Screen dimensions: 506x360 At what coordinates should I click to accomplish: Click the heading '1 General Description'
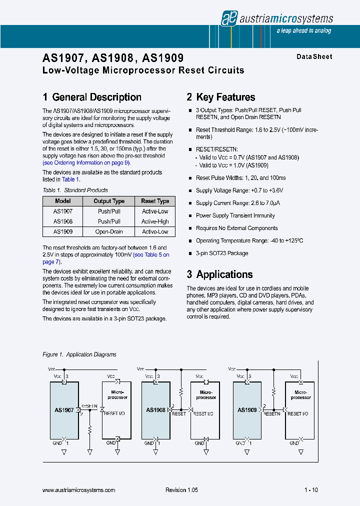[92, 97]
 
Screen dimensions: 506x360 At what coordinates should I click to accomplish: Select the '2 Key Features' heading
[221, 97]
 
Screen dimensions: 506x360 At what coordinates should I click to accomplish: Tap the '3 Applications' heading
[219, 274]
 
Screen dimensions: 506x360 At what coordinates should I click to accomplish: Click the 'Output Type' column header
[109, 201]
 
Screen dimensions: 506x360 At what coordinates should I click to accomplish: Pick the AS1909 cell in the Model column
[63, 231]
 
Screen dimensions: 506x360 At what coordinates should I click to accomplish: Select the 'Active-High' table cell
[155, 221]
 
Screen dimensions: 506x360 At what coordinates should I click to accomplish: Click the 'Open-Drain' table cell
[109, 231]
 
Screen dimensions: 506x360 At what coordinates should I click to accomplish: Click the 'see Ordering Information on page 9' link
[86, 162]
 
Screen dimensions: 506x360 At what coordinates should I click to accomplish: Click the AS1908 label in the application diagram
[155, 410]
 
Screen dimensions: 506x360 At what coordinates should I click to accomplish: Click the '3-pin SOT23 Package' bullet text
[222, 253]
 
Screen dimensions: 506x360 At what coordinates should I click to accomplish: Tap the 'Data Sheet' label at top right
[314, 56]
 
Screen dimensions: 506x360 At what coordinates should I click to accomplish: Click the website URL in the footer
[79, 490]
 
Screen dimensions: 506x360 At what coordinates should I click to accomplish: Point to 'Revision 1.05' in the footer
[181, 490]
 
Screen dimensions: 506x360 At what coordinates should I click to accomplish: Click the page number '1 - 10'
[310, 490]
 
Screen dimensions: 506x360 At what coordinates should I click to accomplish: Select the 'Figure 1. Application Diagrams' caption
[79, 354]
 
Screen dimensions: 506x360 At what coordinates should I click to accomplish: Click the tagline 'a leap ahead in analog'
[304, 31]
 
